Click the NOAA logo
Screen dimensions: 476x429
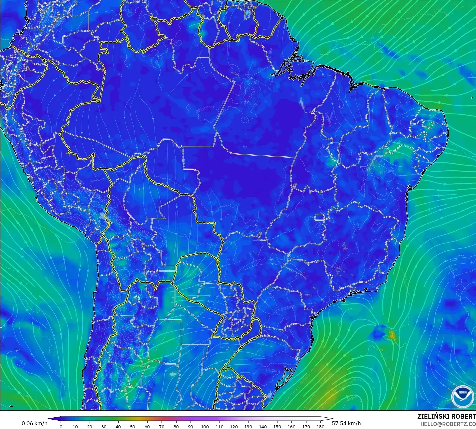coord(462,397)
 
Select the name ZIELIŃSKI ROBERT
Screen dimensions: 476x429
coord(446,416)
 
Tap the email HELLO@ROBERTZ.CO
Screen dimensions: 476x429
coord(448,424)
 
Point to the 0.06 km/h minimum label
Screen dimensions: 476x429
coord(34,423)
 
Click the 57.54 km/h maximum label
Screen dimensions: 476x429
coord(346,423)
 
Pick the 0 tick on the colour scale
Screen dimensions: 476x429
coord(61,427)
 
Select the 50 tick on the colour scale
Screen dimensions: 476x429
coord(133,427)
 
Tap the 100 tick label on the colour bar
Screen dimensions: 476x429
coord(205,427)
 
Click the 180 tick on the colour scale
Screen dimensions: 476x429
coord(320,427)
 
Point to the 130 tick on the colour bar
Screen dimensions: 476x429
coord(248,427)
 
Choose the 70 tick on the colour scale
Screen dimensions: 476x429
coord(162,427)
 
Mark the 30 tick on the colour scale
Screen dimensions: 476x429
coord(104,427)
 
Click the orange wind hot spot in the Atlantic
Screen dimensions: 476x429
coord(391,334)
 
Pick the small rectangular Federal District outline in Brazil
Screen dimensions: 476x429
coord(320,218)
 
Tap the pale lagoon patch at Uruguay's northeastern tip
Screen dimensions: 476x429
coord(269,396)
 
